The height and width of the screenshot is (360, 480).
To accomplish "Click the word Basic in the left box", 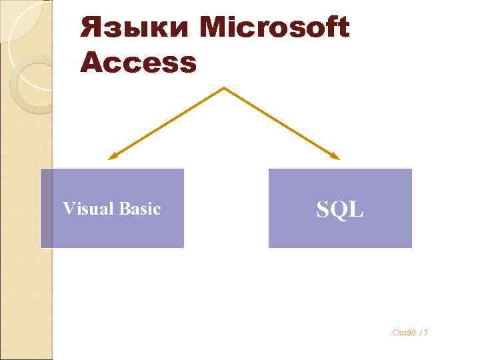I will (x=141, y=209).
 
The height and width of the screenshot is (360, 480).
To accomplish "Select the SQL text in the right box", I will (x=340, y=209).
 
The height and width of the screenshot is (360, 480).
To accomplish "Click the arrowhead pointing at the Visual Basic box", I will (x=112, y=157).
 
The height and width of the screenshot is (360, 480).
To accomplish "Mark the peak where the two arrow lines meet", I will (x=224, y=88).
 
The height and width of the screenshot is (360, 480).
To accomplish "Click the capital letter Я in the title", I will (x=92, y=29).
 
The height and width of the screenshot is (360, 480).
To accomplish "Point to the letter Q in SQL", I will (x=340, y=210).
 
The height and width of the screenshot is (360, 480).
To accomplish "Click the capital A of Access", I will (x=91, y=63).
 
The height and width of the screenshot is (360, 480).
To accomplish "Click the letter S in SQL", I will (x=323, y=209).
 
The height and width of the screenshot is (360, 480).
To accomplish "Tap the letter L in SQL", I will (x=357, y=209).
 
